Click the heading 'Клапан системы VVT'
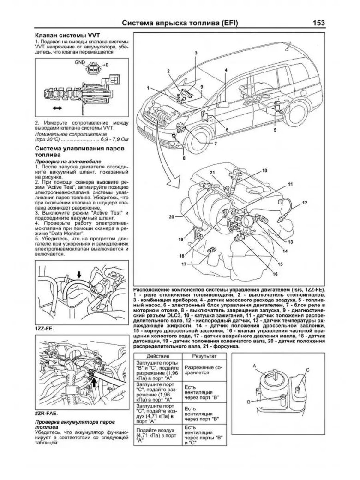pyautogui.click(x=68, y=36)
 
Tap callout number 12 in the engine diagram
pyautogui.click(x=305, y=203)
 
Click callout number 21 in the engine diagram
pyautogui.click(x=213, y=173)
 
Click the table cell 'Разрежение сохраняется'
pyautogui.click(x=203, y=368)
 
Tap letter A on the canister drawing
pyautogui.click(x=254, y=366)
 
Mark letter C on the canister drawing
pyautogui.click(x=306, y=369)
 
